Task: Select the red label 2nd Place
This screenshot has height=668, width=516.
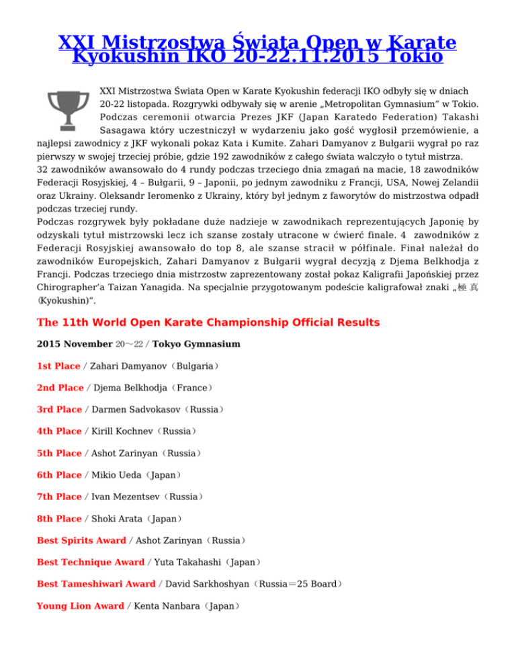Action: (x=60, y=388)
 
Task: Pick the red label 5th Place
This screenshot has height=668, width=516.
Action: (x=59, y=452)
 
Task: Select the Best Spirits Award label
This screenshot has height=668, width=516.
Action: (x=81, y=540)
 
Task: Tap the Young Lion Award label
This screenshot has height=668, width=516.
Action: (x=80, y=606)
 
